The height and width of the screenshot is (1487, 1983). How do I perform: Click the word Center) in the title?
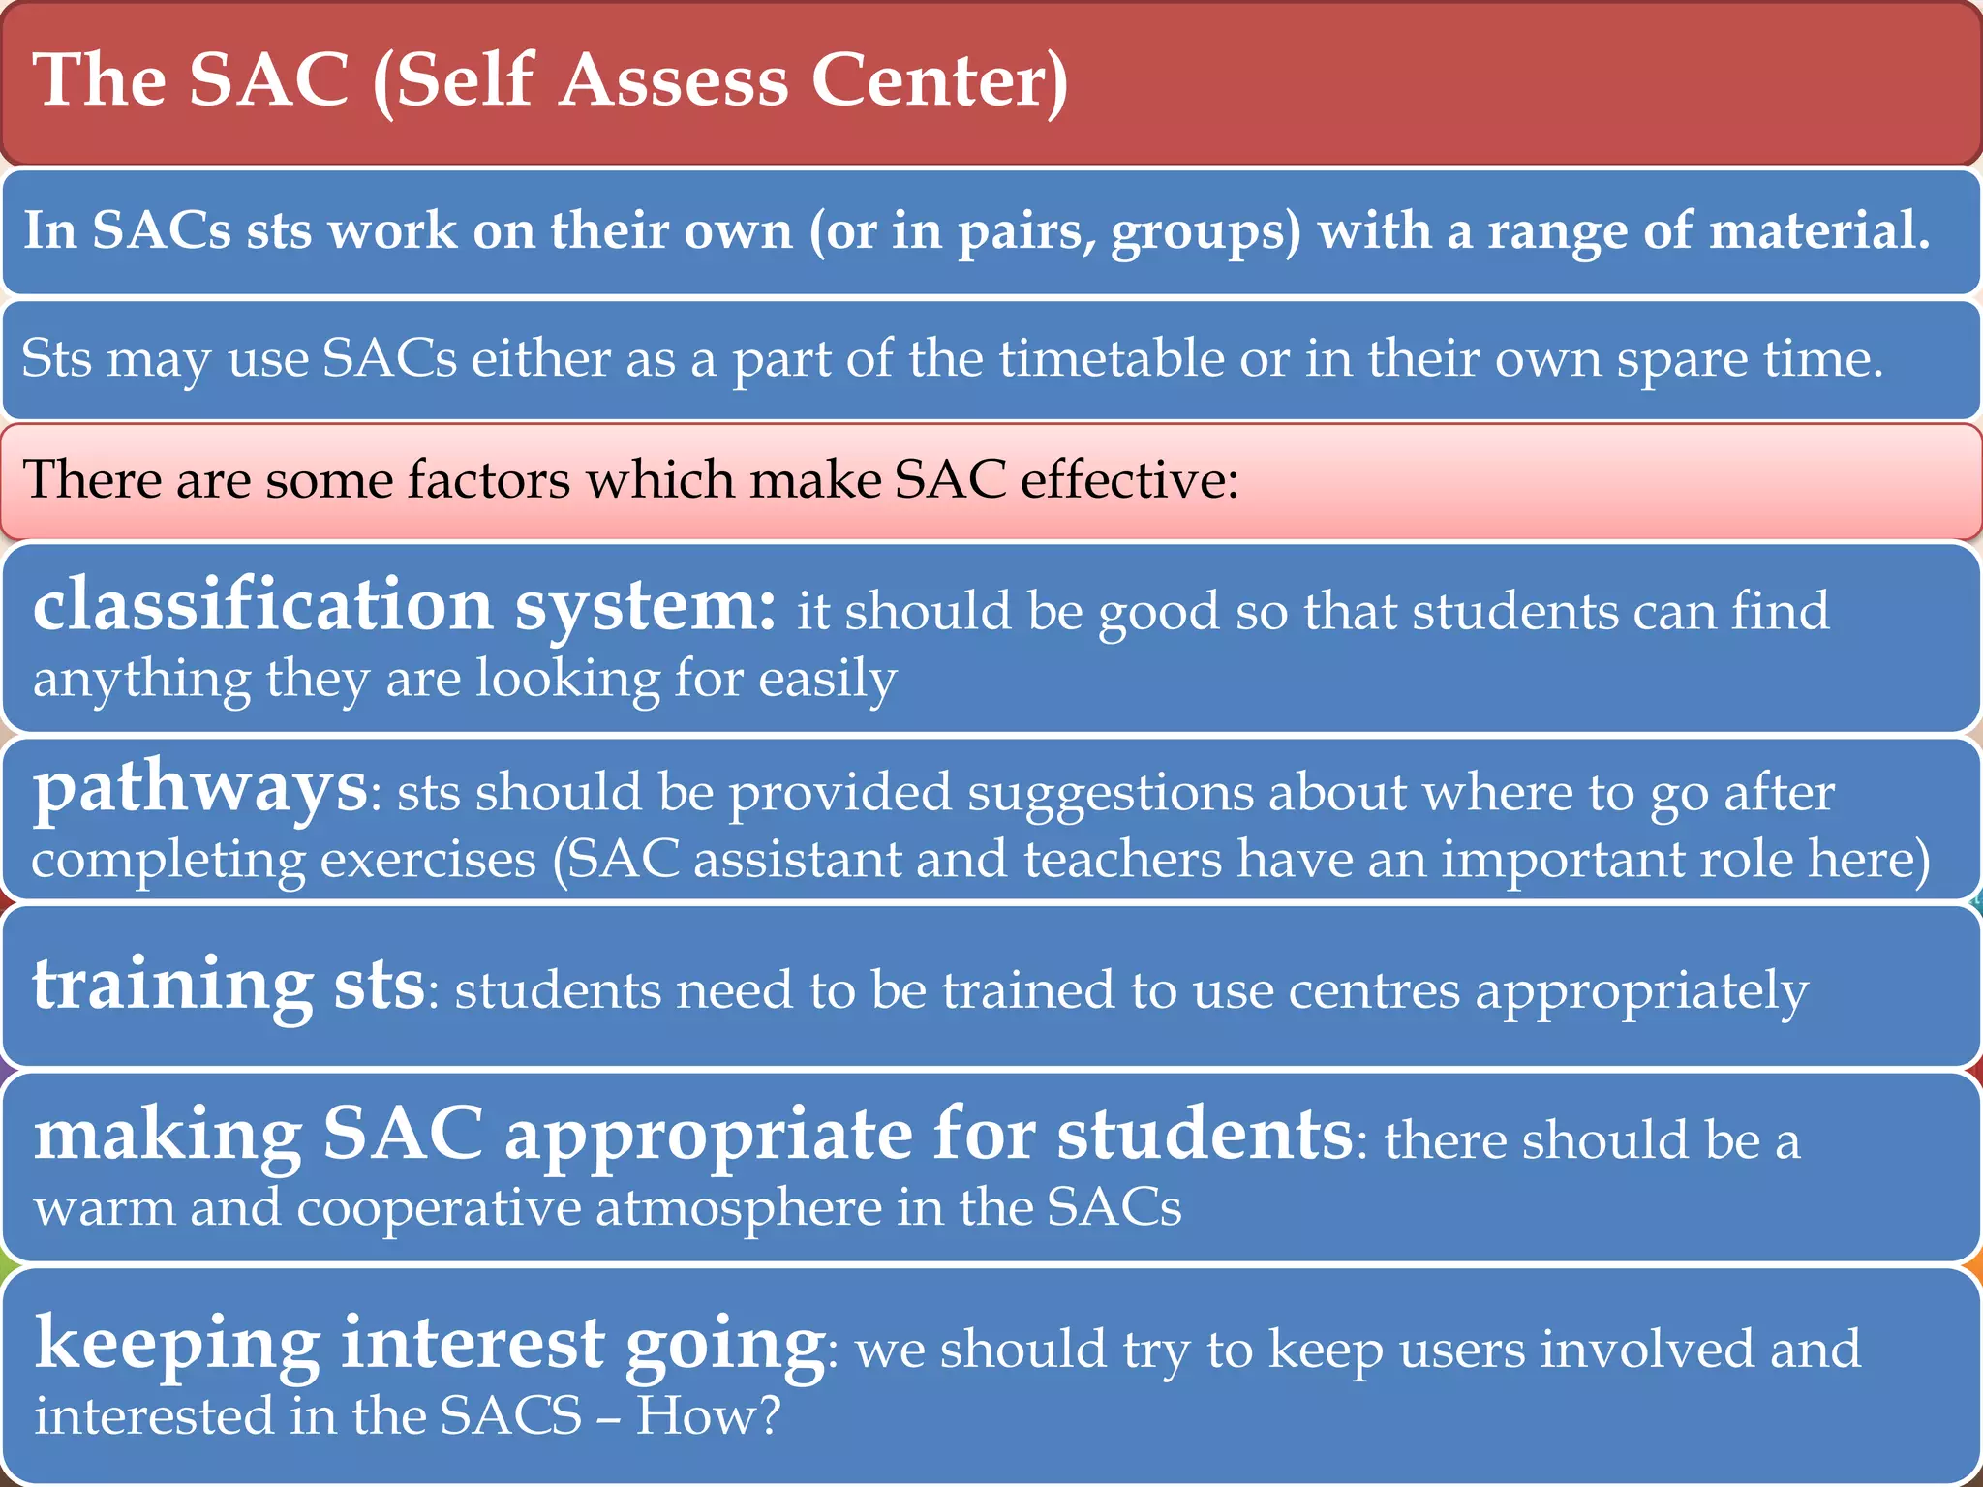point(939,81)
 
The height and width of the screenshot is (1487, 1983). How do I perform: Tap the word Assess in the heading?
point(675,81)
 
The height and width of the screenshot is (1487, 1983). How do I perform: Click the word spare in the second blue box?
point(1682,360)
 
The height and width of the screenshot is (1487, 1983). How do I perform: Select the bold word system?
point(645,608)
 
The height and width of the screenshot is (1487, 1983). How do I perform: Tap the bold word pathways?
point(200,789)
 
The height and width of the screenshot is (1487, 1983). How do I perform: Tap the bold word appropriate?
point(709,1136)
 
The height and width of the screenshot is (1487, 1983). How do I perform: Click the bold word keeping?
point(177,1346)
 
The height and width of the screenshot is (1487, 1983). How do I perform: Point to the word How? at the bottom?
point(708,1416)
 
